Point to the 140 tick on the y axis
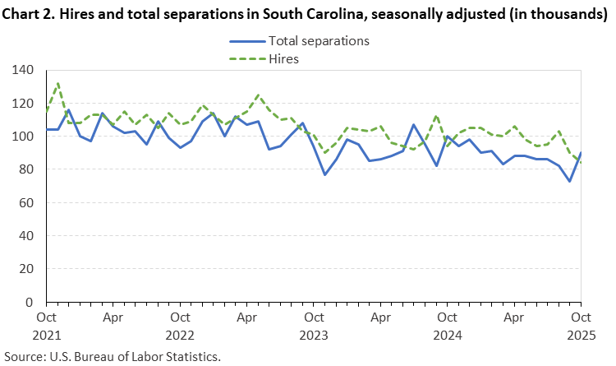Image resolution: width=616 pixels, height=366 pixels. (22, 71)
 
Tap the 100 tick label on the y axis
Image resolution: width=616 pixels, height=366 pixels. (22, 137)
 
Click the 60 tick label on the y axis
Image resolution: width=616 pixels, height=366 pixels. (25, 203)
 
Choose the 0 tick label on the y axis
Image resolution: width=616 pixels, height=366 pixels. (29, 302)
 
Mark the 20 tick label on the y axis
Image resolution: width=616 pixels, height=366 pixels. (25, 269)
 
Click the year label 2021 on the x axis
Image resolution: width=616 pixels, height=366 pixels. (46, 336)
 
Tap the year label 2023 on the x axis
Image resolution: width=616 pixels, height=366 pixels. (313, 336)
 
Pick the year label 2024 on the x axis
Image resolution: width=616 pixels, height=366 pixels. (447, 336)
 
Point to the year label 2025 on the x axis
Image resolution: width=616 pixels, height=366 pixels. (581, 336)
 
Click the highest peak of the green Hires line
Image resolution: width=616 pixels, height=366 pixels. (57, 83)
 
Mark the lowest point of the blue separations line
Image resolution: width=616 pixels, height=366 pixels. (570, 181)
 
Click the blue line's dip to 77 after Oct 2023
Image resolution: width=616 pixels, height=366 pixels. (324, 174)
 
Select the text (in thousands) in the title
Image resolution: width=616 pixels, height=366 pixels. (559, 14)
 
